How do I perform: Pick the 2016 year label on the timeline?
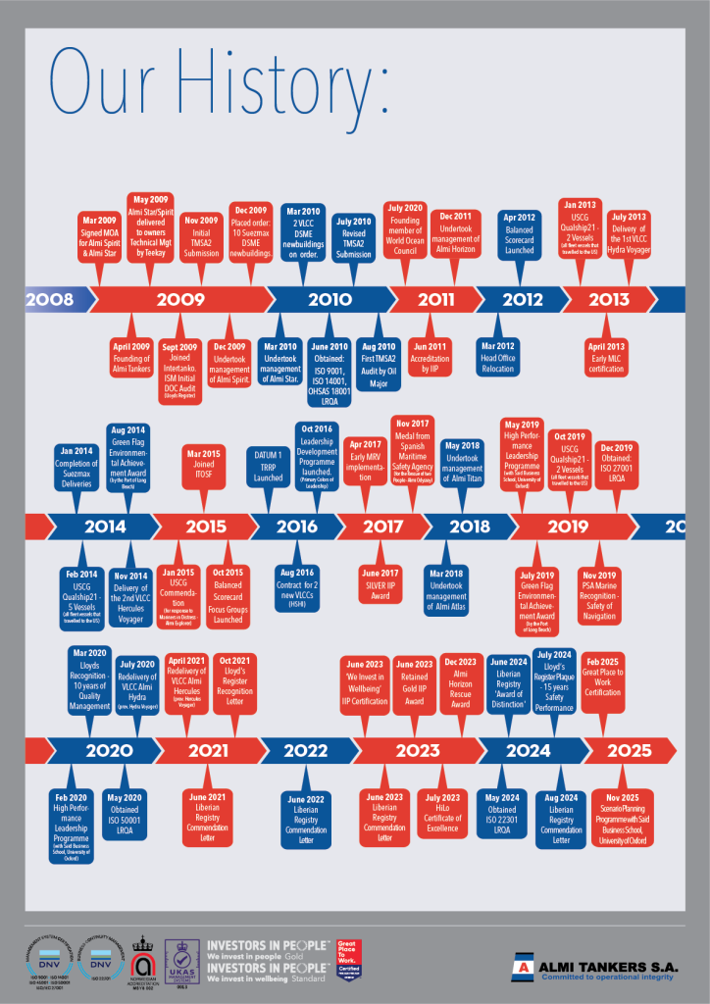pos(297,527)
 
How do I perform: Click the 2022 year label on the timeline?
pos(306,751)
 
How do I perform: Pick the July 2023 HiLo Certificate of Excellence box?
pos(443,817)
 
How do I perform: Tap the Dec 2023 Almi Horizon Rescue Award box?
pos(460,680)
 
